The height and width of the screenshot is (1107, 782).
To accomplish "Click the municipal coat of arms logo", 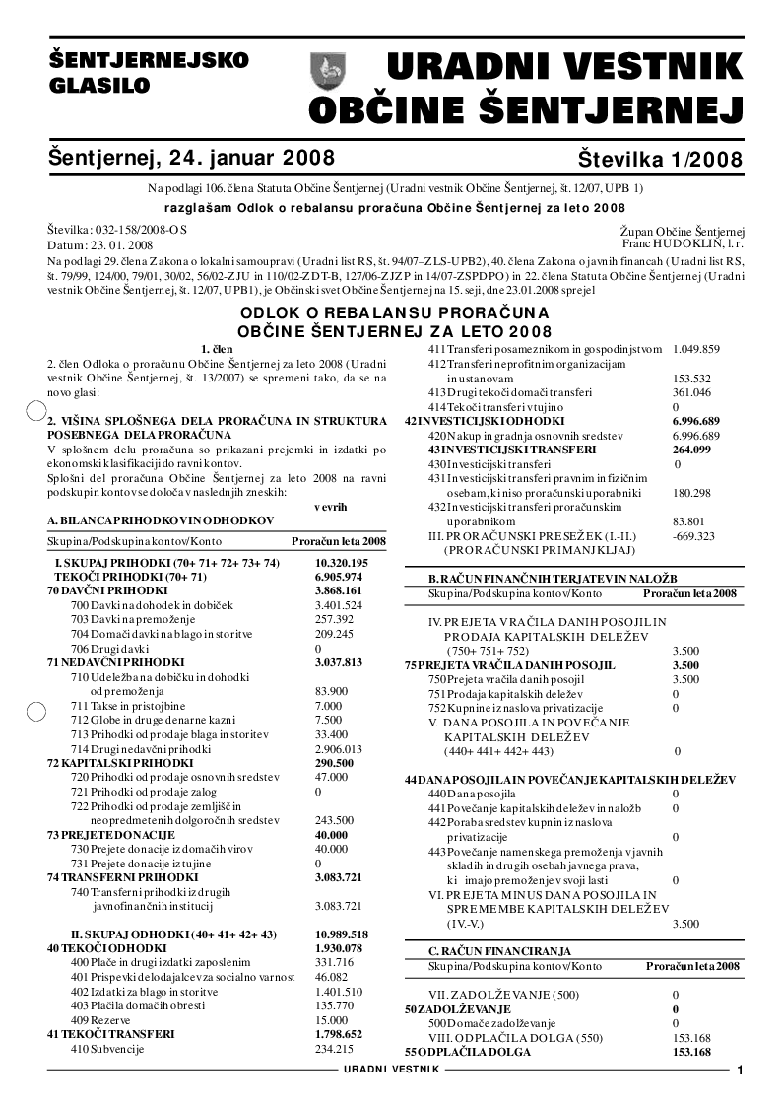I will [326, 71].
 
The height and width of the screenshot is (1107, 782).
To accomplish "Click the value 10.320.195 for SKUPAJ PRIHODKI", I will [341, 562].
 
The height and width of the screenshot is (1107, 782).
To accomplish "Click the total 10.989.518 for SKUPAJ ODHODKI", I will [341, 934].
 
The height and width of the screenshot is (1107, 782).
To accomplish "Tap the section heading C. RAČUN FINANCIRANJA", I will [499, 950].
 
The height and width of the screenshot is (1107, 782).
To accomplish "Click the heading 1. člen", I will [217, 349].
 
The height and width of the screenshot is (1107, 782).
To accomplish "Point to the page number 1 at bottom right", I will [740, 1071].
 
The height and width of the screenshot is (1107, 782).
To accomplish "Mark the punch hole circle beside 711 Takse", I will [33, 708].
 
